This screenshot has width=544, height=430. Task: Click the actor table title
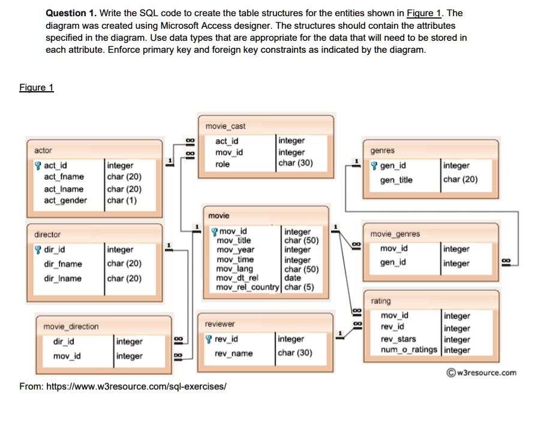[x=43, y=151]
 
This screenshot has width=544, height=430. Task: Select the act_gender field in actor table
[x=65, y=200]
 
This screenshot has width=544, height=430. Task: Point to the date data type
[x=293, y=278]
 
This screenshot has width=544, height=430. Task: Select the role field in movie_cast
[x=223, y=164]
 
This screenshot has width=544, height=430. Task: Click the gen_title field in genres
[x=396, y=180]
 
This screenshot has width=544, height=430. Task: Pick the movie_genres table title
[x=395, y=234]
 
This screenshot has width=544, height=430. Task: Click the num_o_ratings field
[x=409, y=350]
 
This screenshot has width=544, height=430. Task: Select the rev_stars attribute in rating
[x=398, y=339]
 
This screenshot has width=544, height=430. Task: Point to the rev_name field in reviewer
[x=234, y=353]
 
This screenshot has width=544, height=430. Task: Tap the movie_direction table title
[x=71, y=326]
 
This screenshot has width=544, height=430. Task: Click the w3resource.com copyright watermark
[x=481, y=372]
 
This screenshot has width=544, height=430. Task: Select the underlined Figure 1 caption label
[x=37, y=88]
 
